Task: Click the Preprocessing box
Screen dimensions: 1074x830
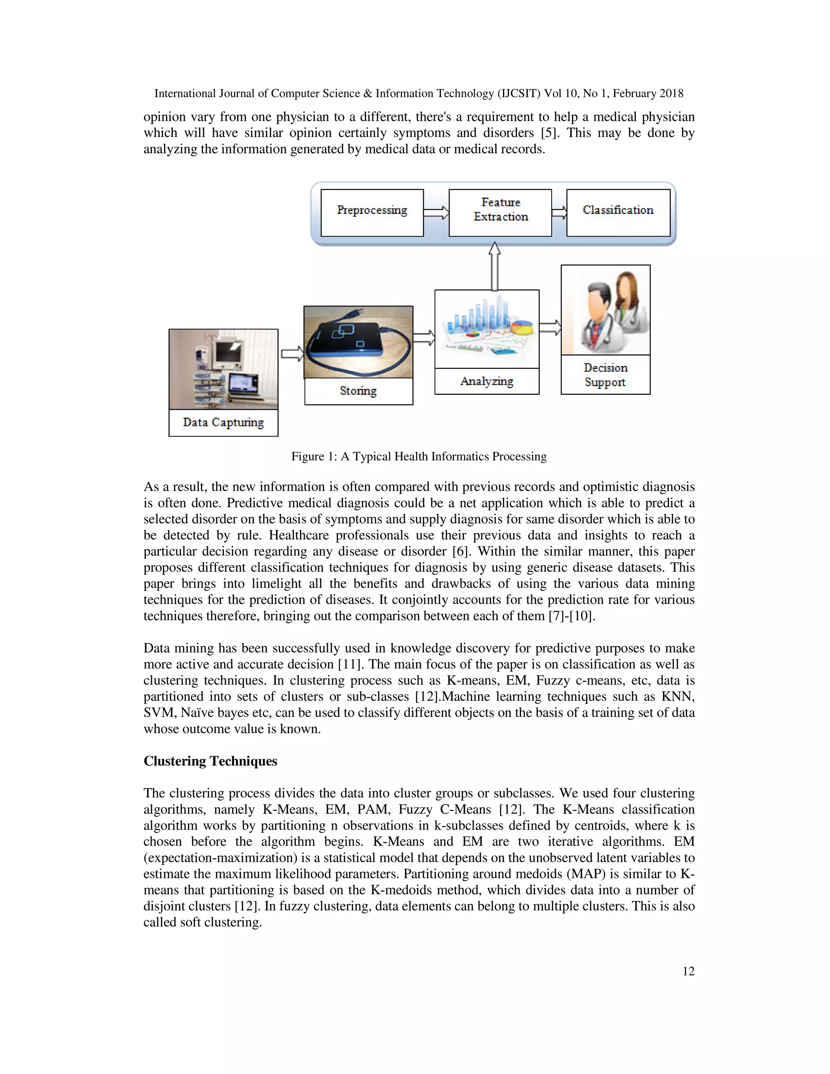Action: point(372,212)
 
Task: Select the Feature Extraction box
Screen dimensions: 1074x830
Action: point(500,212)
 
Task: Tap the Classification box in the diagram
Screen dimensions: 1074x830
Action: point(618,212)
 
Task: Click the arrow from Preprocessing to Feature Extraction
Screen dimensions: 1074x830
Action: point(436,213)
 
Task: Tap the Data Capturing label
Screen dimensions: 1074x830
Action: point(223,422)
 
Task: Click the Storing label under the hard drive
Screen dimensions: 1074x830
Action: point(358,391)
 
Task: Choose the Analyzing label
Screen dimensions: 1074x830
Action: point(487,381)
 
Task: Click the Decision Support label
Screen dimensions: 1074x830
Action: point(605,375)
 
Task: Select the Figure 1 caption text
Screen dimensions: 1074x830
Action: point(418,456)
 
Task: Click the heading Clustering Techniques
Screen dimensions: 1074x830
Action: point(210,761)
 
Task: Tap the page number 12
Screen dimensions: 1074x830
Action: point(689,971)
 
